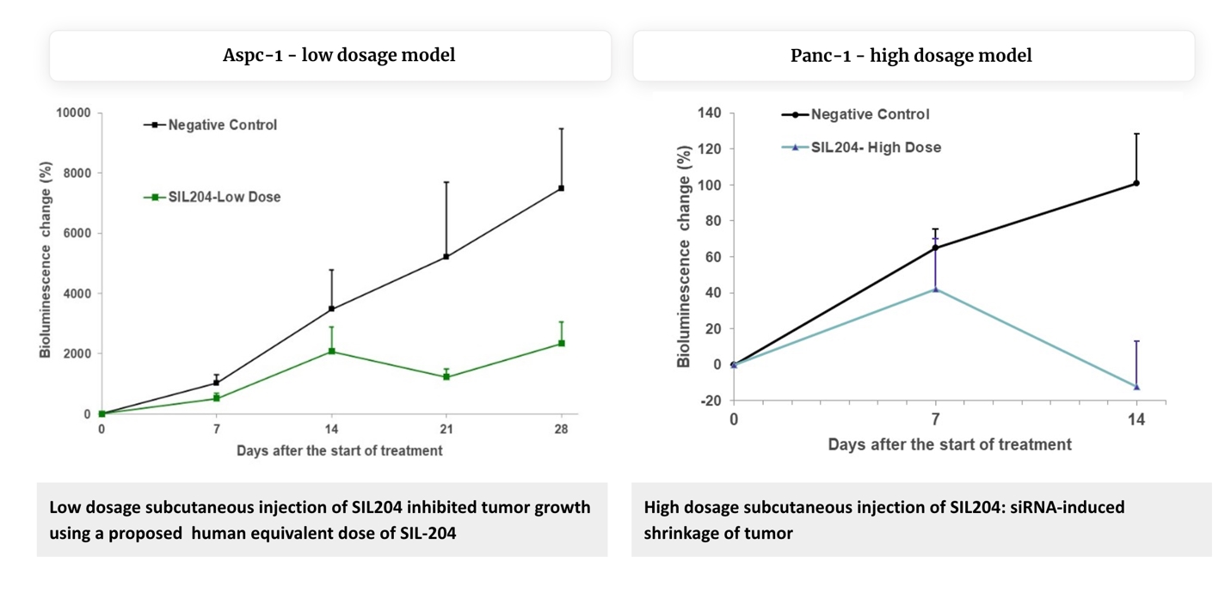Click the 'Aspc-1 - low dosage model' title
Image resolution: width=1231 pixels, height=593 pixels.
tap(339, 56)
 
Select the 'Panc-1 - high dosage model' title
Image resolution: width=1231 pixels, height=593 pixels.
tap(911, 56)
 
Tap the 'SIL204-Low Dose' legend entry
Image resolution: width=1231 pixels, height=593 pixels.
tap(224, 197)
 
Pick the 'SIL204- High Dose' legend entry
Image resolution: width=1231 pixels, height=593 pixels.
tap(875, 147)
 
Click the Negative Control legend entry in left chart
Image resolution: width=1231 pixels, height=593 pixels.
tap(222, 125)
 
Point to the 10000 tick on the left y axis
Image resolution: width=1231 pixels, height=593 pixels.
tap(74, 113)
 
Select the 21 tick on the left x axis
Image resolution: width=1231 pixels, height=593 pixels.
tap(446, 429)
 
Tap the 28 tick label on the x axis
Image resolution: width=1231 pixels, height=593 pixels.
tap(561, 429)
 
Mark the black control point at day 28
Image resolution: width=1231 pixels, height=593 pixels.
tap(561, 188)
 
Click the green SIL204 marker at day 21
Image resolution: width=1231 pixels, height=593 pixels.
tap(446, 376)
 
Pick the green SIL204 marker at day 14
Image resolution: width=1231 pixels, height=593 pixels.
tap(331, 351)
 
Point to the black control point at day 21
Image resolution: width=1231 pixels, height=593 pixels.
tap(446, 256)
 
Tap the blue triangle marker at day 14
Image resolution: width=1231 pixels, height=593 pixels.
tap(1136, 387)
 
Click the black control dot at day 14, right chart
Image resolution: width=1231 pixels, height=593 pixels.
tap(1136, 183)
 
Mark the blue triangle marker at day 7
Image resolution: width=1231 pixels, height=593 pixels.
tap(935, 289)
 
